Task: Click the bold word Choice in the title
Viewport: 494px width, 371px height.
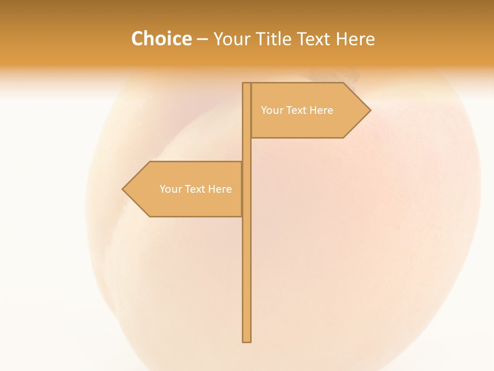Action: (161, 39)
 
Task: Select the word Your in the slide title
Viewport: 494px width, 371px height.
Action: (231, 39)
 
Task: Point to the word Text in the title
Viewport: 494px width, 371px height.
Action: (316, 39)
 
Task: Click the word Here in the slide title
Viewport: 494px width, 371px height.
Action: (356, 39)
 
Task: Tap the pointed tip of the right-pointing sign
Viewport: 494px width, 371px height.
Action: (369, 110)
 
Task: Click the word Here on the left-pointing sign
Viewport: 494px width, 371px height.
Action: (220, 189)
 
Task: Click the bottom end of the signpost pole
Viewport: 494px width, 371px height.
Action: (246, 340)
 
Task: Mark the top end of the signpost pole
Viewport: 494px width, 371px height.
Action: (246, 85)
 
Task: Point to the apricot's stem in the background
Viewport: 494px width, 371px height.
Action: (352, 77)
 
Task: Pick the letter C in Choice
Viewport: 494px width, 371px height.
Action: (138, 39)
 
